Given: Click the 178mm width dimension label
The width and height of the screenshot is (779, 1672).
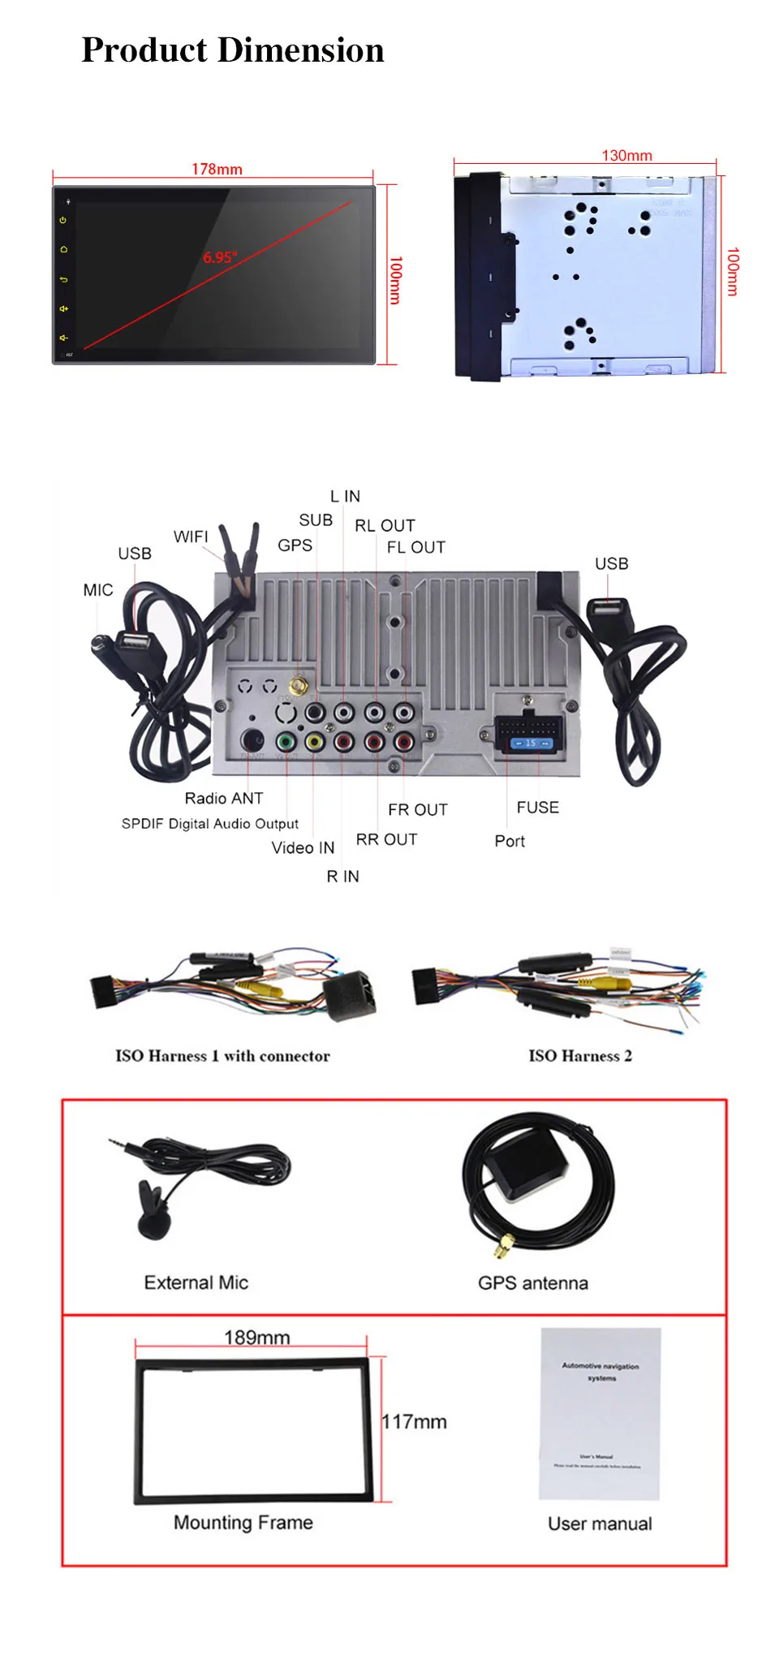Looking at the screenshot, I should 217,169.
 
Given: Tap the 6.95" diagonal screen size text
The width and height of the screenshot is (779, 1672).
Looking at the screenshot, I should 220,257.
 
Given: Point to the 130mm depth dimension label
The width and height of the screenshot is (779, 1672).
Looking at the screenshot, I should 626,155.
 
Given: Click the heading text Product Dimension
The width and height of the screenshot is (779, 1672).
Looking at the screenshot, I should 233,50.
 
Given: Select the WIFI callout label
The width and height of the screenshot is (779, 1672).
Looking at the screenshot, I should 191,537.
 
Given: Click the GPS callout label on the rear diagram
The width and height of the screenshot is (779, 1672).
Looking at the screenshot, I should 295,545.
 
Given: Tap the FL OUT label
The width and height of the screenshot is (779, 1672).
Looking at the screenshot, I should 415,548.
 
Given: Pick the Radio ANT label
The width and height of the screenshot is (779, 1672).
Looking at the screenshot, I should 223,798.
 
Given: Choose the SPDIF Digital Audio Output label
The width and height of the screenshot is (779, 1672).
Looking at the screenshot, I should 209,824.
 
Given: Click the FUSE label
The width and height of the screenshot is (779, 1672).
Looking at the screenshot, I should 537,808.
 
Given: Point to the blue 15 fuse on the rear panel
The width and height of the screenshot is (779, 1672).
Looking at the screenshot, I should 531,743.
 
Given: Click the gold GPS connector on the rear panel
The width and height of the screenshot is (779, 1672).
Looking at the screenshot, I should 298,687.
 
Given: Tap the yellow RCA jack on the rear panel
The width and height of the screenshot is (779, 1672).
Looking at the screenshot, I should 315,741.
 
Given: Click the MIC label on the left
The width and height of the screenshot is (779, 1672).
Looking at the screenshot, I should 98,590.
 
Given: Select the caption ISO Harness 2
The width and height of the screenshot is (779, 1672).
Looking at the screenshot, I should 579,1056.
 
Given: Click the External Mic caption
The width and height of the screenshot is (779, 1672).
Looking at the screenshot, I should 196,1282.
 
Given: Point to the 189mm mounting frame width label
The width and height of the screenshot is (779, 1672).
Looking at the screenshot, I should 256,1337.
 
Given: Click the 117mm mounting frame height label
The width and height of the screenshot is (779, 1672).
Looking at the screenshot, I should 415,1421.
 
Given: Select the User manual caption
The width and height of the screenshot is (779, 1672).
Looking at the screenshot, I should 600,1523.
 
